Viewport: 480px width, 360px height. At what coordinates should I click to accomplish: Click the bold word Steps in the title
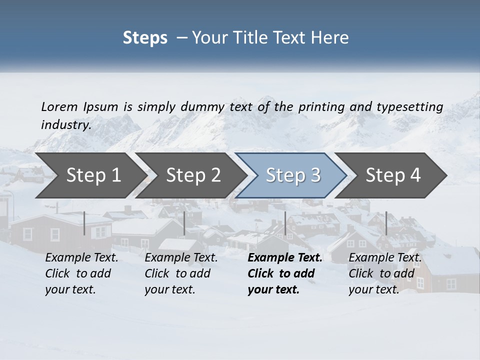pyautogui.click(x=145, y=38)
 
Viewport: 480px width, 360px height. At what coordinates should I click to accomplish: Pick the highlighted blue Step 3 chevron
pyautogui.click(x=293, y=175)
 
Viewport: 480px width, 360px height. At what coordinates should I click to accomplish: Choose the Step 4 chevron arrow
pyautogui.click(x=393, y=175)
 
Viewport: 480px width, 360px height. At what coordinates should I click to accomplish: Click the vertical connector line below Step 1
pyautogui.click(x=84, y=223)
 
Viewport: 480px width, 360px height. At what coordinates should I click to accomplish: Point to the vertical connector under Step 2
pyautogui.click(x=184, y=223)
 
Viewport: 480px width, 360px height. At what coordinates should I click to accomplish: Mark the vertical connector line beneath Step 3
pyautogui.click(x=285, y=223)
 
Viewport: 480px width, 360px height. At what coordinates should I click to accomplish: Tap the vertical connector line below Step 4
pyautogui.click(x=386, y=223)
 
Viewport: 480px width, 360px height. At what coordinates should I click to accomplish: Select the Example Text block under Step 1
pyautogui.click(x=81, y=273)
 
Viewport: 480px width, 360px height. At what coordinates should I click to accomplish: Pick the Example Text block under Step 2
pyautogui.click(x=181, y=273)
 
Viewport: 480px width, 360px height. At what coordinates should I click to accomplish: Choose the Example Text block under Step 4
pyautogui.click(x=385, y=273)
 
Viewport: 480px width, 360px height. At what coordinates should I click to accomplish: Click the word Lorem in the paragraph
pyautogui.click(x=59, y=107)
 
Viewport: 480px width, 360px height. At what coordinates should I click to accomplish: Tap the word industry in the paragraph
pyautogui.click(x=66, y=125)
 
